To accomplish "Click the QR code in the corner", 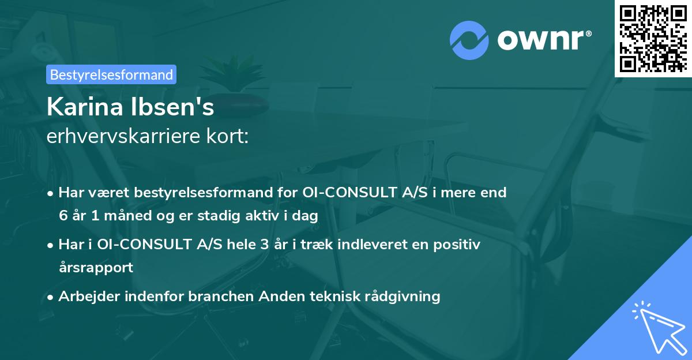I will click(x=653, y=39).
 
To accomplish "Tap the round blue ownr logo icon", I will click(x=469, y=40).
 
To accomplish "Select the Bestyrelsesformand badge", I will click(x=111, y=74).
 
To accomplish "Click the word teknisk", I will click(x=335, y=296).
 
